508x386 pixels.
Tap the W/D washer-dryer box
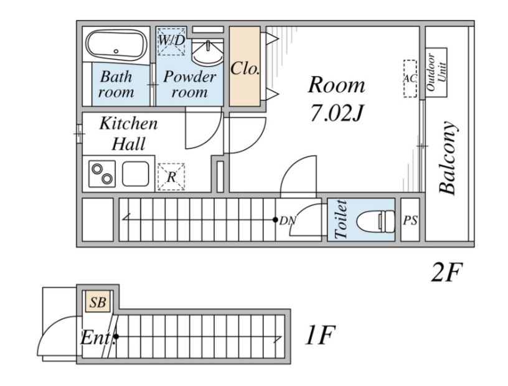pyautogui.click(x=171, y=41)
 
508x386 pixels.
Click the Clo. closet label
pyautogui.click(x=245, y=68)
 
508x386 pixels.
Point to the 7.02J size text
pyautogui.click(x=337, y=113)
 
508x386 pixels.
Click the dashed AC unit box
pyautogui.click(x=410, y=78)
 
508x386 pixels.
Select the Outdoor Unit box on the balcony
pyautogui.click(x=436, y=73)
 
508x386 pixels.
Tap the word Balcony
pyautogui.click(x=448, y=158)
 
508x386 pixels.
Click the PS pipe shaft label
pyautogui.click(x=410, y=220)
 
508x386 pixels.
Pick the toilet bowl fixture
pyautogui.click(x=376, y=222)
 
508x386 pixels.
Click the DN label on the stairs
pyautogui.click(x=288, y=221)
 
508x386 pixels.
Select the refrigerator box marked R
pyautogui.click(x=171, y=177)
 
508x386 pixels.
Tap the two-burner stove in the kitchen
pyautogui.click(x=102, y=174)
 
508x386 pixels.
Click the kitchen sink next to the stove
pyautogui.click(x=136, y=174)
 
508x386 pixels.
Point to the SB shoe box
pyautogui.click(x=98, y=302)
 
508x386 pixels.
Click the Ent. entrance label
pyautogui.click(x=96, y=338)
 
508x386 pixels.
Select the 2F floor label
pyautogui.click(x=446, y=273)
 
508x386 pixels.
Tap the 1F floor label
pyautogui.click(x=320, y=335)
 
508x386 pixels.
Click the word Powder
pyautogui.click(x=190, y=77)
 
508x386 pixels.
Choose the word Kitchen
pyautogui.click(x=129, y=123)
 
